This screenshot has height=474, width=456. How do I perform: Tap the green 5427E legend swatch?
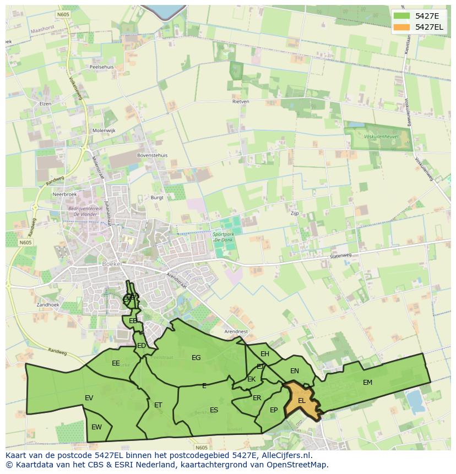click(x=401, y=15)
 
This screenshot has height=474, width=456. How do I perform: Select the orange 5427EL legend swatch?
click(x=401, y=26)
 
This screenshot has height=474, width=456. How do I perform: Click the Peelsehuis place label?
click(x=101, y=67)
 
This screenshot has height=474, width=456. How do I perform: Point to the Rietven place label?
click(x=241, y=102)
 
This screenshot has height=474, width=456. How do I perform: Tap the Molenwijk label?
click(x=104, y=130)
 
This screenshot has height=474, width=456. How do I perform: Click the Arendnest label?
click(x=236, y=331)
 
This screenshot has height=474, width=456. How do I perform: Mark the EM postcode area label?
click(x=367, y=382)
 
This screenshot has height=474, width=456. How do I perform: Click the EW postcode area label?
click(x=96, y=427)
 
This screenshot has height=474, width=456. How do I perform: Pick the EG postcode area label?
click(x=196, y=358)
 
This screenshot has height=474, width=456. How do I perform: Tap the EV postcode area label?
click(x=89, y=397)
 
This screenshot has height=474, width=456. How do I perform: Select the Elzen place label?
click(x=45, y=103)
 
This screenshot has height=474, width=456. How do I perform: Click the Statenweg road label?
click(x=340, y=255)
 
